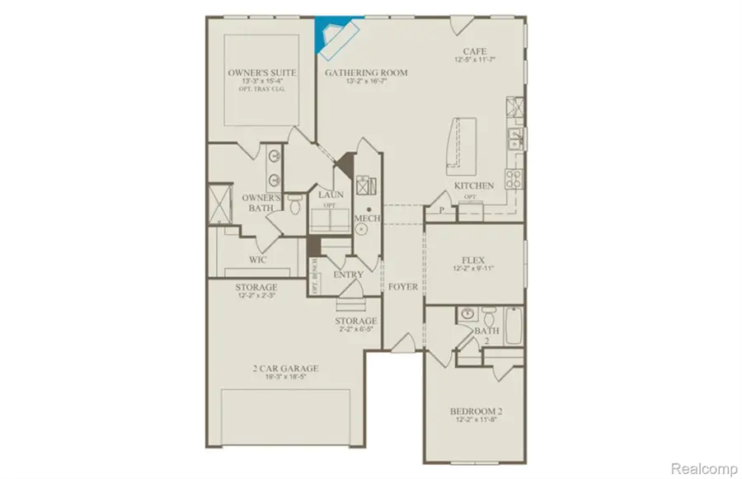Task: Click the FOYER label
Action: click(x=404, y=287)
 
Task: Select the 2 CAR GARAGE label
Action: click(x=287, y=369)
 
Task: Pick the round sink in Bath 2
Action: click(x=467, y=314)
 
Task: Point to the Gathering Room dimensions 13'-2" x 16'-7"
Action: click(x=355, y=82)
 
